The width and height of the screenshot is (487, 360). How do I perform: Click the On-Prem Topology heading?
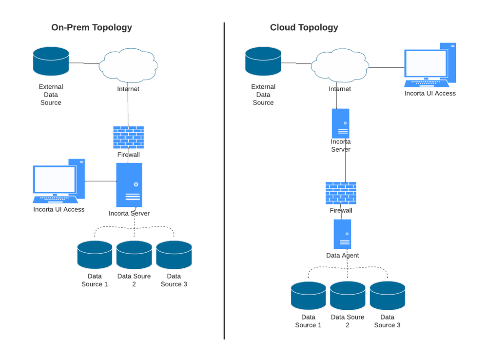92,27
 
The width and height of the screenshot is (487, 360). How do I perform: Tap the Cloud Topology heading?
304,27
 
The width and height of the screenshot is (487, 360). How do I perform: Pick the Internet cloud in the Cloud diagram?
340,64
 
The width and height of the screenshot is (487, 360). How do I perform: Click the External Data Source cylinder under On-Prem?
51,61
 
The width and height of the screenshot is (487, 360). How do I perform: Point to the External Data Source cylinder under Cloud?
263,61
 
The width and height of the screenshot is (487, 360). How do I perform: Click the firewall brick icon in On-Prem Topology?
129,137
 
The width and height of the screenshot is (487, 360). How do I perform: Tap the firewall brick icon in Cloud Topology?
341,193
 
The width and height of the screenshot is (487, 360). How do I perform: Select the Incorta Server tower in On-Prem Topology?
129,185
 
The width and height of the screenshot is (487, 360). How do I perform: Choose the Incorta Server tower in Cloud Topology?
340,123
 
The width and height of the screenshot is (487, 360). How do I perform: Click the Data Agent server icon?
342,234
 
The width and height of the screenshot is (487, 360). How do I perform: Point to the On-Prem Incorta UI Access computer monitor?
55,180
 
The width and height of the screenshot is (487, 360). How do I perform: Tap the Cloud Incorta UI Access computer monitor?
426,64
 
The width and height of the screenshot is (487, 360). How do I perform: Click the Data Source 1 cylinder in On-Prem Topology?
95,255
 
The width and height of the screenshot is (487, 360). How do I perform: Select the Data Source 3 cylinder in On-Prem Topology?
174,255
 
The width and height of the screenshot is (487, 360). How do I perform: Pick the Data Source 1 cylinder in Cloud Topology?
308,296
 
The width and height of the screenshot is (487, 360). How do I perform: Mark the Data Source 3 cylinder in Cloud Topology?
388,296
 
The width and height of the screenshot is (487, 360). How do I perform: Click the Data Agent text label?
342,255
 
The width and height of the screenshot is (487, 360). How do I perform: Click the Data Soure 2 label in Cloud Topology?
348,321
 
